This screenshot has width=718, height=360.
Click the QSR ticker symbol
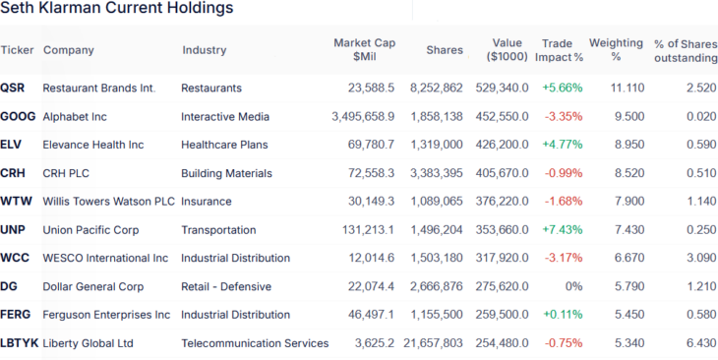pos(13,88)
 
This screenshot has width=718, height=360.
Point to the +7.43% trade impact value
pos(562,230)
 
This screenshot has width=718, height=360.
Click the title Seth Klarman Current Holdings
pos(117,9)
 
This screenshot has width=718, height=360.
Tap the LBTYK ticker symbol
pos(19,344)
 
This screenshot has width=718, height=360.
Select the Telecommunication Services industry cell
pos(255,344)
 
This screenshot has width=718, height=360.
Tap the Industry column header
pos(204,50)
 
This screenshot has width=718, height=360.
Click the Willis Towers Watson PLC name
pos(108,202)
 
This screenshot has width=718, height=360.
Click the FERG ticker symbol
pos(16,316)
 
